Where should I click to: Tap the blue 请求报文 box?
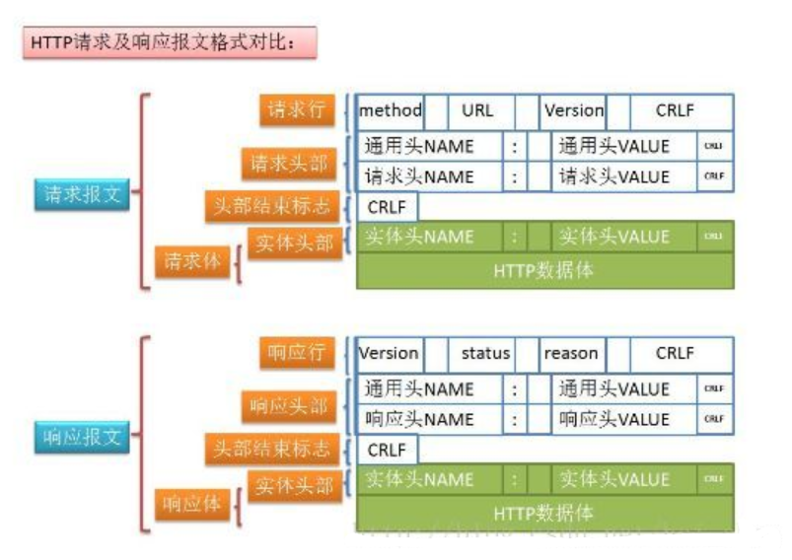coord(83,194)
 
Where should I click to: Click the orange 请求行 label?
coord(296,110)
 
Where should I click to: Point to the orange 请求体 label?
coord(192,262)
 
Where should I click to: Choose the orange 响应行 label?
coord(297,353)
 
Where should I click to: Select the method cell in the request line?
coord(391,111)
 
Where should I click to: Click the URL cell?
coord(477,111)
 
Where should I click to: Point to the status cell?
coord(485,353)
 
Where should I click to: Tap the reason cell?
coord(571,353)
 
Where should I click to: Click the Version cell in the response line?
coord(389,353)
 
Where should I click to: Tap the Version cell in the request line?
coord(574,111)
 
